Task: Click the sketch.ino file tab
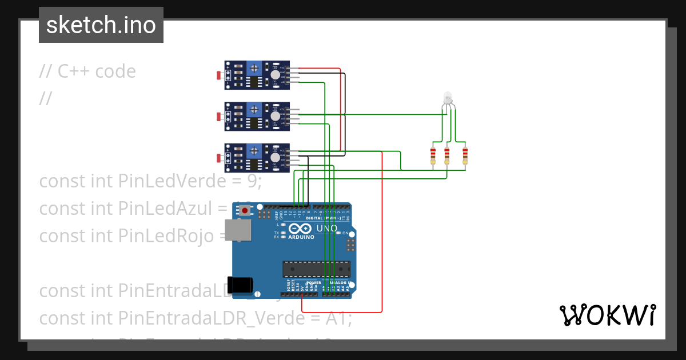point(101,25)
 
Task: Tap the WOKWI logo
point(607,315)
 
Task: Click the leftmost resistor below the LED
point(433,155)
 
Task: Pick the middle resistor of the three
point(447,155)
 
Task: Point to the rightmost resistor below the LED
point(465,155)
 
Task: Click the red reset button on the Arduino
point(245,211)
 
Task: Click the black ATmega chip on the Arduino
point(316,268)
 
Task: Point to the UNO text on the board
point(327,229)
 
